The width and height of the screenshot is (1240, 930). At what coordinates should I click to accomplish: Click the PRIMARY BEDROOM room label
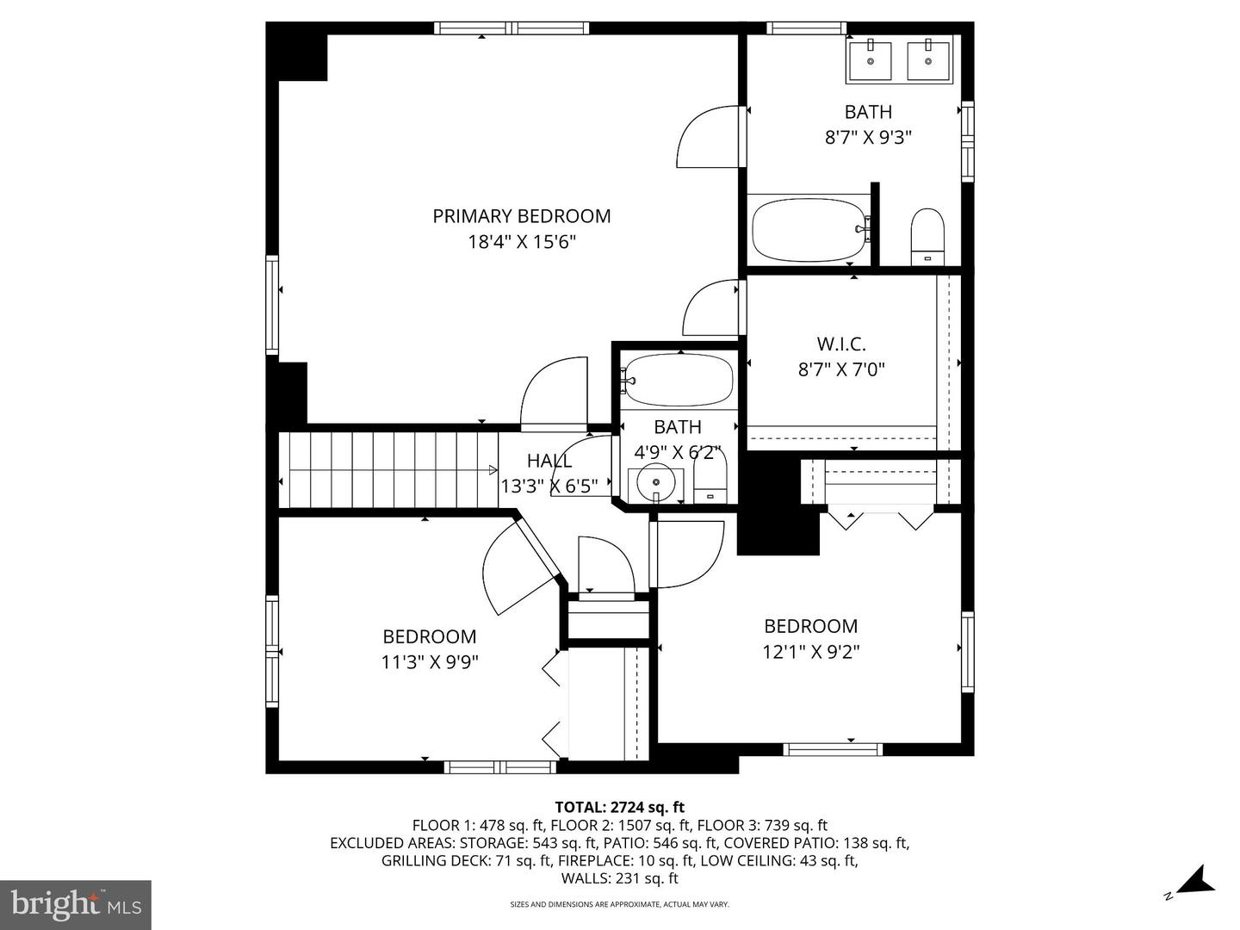521,216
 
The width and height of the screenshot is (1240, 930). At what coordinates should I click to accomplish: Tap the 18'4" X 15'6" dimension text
521,242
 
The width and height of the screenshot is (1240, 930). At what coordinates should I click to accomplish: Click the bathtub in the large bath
809,229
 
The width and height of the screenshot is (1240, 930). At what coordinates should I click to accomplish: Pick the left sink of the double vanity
870,59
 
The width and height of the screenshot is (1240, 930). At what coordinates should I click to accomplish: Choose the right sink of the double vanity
928,59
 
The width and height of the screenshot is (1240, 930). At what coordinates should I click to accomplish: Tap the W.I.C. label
841,344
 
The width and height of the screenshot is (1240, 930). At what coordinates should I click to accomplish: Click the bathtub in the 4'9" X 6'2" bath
679,380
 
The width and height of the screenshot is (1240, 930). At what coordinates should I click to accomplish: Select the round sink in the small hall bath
656,483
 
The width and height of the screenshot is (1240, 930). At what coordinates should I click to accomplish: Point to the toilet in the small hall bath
710,480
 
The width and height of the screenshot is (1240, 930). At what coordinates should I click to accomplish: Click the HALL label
549,461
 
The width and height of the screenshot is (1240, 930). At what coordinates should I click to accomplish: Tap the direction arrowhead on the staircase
493,469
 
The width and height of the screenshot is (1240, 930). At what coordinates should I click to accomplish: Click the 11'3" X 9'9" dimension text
430,662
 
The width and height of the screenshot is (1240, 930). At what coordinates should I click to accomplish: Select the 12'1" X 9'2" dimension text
810,652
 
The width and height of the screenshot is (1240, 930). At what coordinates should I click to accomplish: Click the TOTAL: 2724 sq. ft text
619,807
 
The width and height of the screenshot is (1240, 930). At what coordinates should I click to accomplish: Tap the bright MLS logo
76,904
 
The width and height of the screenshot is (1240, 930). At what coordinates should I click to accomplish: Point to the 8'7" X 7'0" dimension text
841,369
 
